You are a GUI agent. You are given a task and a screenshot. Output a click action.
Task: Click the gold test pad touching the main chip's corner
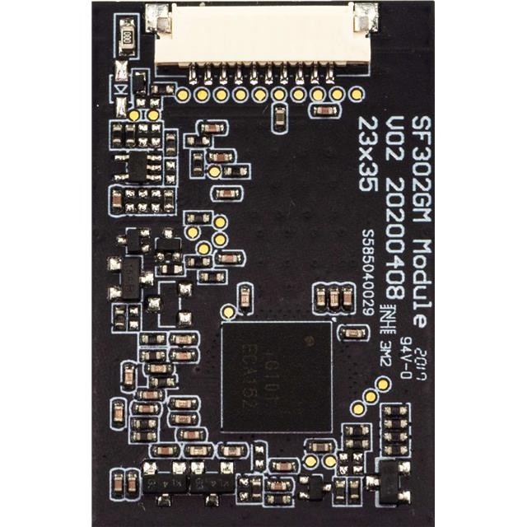point(227,311)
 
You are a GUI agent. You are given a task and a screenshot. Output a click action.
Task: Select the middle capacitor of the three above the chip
point(333,298)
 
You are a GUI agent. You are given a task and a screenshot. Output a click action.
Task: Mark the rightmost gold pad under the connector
point(356,95)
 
